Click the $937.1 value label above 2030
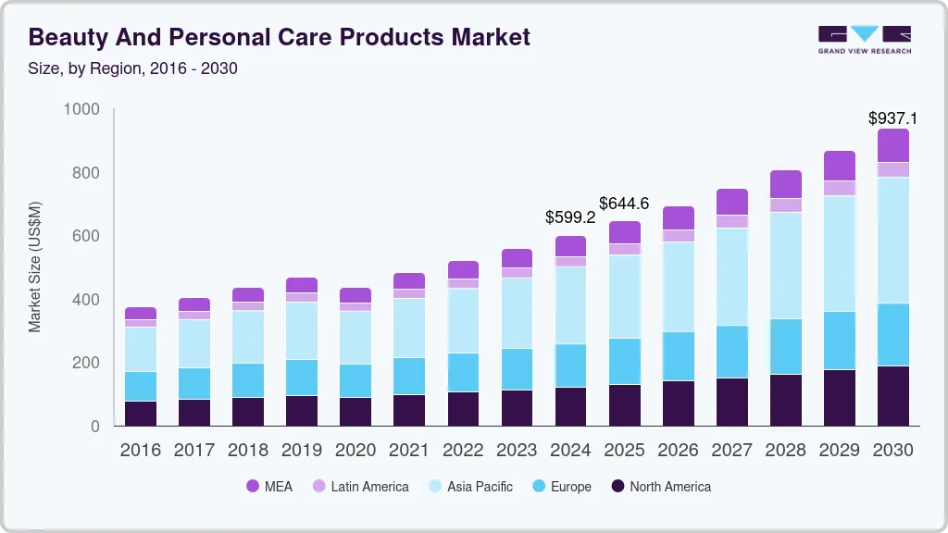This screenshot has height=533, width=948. coord(892,118)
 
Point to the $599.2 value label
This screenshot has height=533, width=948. coord(570,218)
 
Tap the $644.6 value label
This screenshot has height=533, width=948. coord(624,203)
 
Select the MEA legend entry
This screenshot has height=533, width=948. coord(268,487)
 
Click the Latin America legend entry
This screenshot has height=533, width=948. coord(360,487)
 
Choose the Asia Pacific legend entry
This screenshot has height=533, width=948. coord(469,487)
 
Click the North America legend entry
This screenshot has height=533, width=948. coord(660,487)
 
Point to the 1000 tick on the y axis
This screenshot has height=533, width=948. coord(81,110)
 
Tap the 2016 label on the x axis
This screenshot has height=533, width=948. coord(141,451)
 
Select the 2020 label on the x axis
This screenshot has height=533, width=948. coord(355,451)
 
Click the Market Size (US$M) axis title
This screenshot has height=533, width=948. coord(34,266)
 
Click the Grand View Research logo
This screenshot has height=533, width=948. coord(864,39)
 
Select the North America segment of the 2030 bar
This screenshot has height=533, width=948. coord(892,396)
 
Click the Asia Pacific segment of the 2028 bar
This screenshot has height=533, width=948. coord(785,266)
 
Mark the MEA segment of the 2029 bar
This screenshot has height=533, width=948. coord(839,166)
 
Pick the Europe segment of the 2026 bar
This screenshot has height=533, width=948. coord(678,356)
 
